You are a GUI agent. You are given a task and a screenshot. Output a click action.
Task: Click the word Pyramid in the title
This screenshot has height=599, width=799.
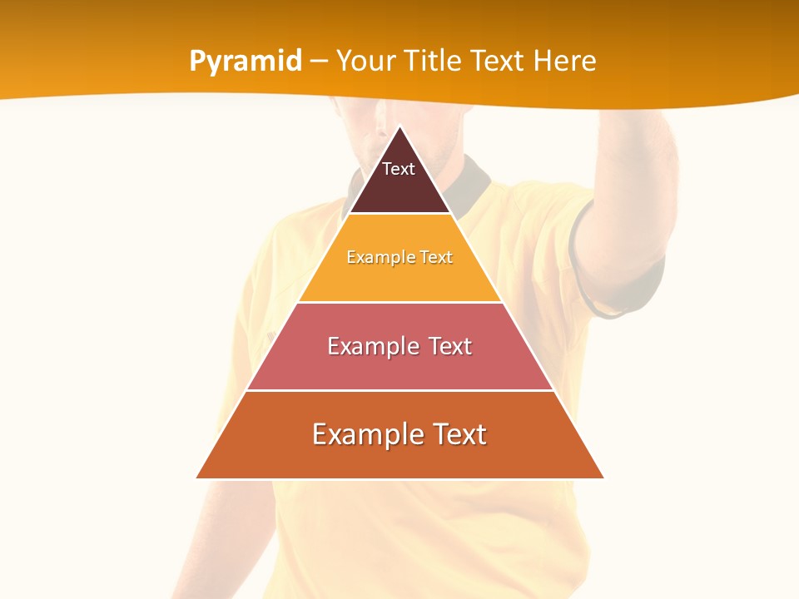click(246, 62)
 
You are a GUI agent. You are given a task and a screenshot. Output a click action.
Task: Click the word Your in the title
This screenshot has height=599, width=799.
click(365, 61)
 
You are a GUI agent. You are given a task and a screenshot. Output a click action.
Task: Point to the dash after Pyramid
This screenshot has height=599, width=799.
click(319, 62)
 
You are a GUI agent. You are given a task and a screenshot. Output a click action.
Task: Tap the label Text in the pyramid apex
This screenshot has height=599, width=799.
click(399, 169)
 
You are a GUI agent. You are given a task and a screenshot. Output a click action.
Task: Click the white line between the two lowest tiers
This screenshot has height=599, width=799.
click(399, 390)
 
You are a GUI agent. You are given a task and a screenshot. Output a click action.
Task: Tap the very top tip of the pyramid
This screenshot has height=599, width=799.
click(399, 127)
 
